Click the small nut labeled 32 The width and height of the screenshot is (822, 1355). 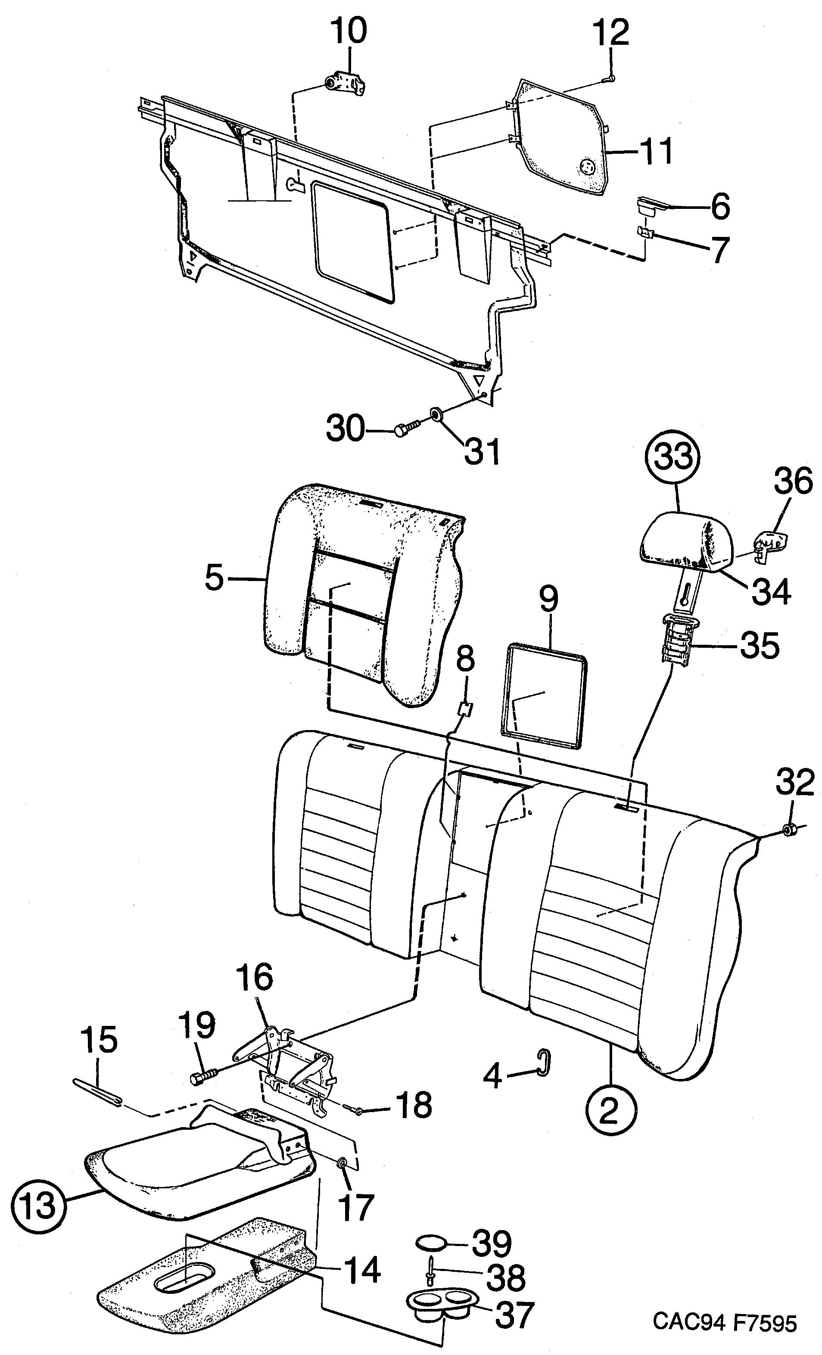coord(788,829)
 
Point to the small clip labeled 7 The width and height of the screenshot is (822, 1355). coord(644,232)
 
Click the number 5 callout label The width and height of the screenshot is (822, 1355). coord(214,578)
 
